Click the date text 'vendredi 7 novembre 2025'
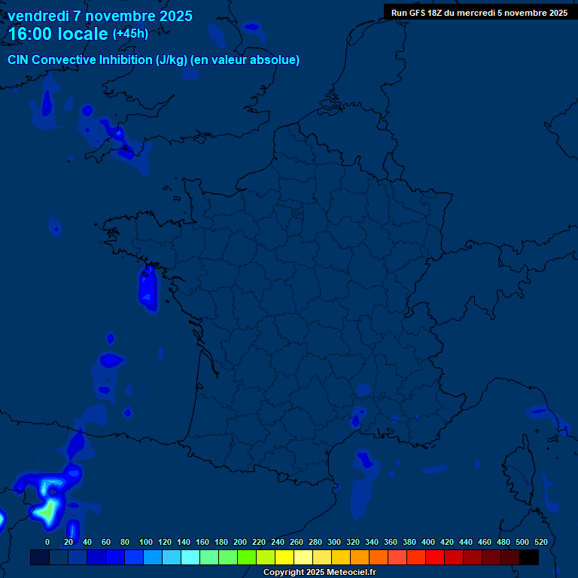[100, 16]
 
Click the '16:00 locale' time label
[58, 34]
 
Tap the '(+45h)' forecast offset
[130, 34]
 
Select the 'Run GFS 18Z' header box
[479, 12]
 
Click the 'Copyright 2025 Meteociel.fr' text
[319, 573]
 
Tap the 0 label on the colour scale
[47, 542]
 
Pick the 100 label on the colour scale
[146, 542]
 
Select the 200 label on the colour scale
[240, 542]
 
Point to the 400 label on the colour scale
[428, 542]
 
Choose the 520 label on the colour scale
[540, 542]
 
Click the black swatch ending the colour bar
[529, 557]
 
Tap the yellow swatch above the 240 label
[284, 557]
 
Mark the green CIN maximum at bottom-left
[47, 511]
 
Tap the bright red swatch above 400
[435, 557]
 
